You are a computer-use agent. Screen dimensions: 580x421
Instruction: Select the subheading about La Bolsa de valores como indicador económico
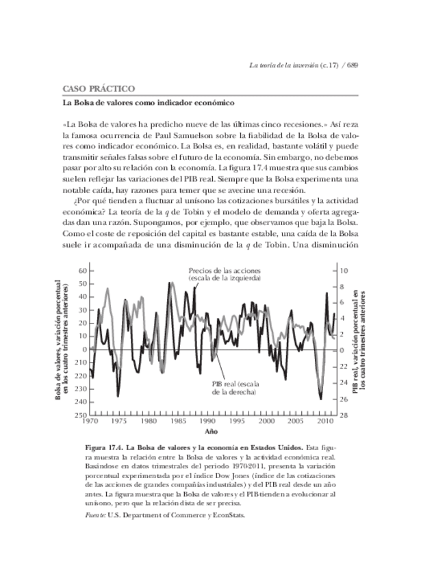[x=149, y=103]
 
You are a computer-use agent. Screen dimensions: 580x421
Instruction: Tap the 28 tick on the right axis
[x=348, y=415]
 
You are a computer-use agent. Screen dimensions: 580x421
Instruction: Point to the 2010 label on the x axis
[x=323, y=422]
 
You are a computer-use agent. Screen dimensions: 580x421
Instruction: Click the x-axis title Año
[x=212, y=432]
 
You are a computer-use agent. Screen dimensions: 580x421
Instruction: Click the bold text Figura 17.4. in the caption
[x=105, y=445]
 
